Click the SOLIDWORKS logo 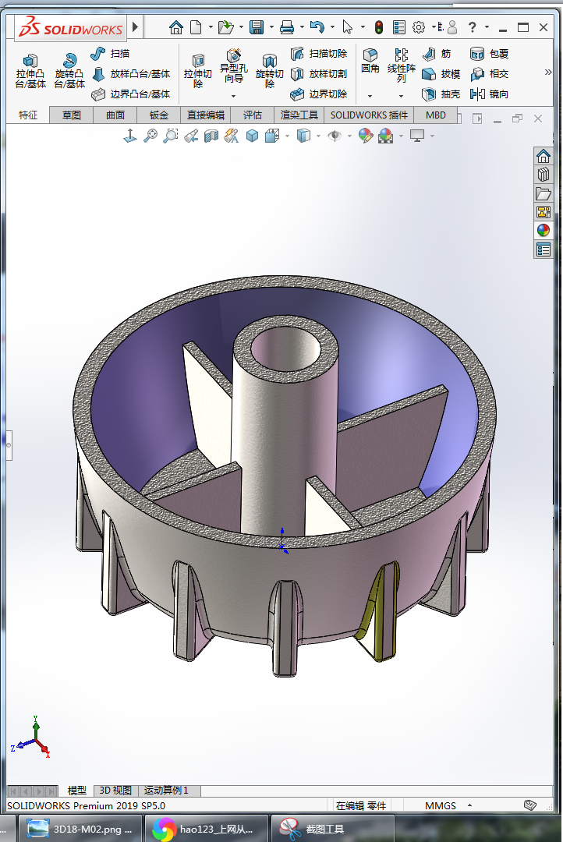71,28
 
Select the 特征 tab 28,115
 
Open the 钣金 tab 158,115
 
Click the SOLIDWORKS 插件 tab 369,115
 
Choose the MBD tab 436,115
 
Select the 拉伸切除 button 198,69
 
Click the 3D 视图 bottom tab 115,791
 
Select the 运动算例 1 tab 166,791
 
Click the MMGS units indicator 441,805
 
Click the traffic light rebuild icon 379,27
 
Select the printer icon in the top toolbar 286,27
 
